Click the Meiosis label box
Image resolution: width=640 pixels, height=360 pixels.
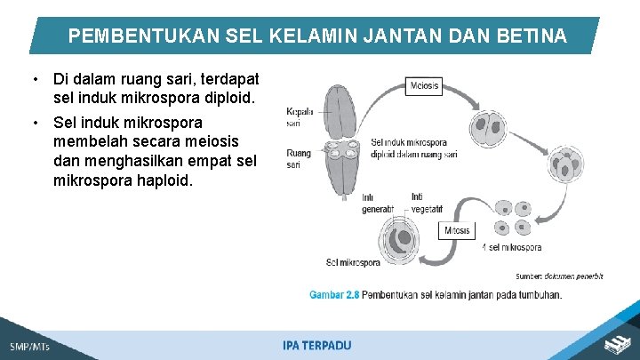(x=424, y=85)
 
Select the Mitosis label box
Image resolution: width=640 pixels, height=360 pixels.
(x=458, y=231)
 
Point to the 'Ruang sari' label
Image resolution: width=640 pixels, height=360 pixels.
(x=299, y=159)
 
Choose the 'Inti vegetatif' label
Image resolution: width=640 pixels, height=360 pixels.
(x=427, y=204)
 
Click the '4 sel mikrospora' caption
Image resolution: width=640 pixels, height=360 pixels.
(x=511, y=247)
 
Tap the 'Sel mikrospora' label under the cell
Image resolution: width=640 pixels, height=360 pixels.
(x=354, y=261)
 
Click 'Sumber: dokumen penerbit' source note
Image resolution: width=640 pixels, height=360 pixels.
(x=559, y=276)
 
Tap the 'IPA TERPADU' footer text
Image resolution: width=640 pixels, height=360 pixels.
(x=317, y=345)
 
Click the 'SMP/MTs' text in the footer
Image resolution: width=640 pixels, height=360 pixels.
(x=30, y=346)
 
